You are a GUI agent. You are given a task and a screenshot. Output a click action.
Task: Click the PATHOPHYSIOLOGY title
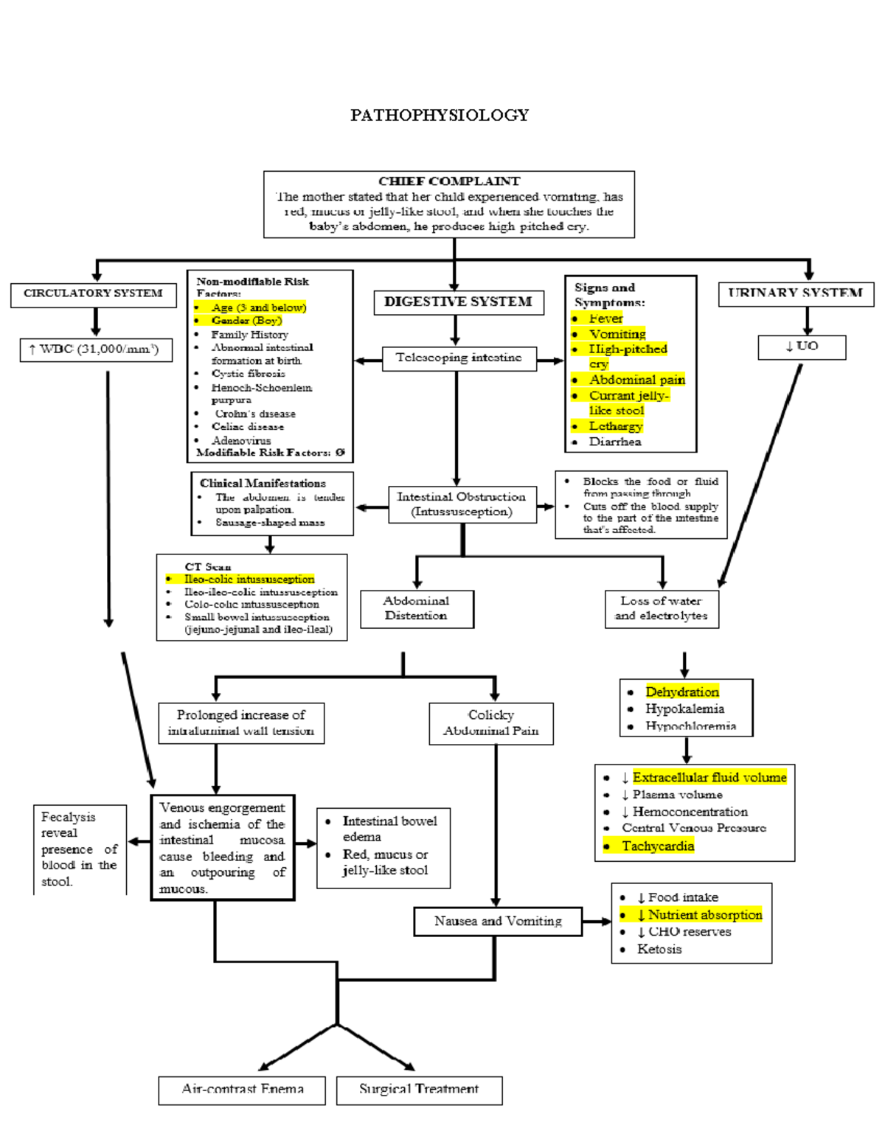click(x=440, y=115)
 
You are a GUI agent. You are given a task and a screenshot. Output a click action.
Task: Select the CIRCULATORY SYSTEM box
click(x=94, y=293)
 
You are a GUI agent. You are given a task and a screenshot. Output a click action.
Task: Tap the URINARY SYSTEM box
click(x=795, y=293)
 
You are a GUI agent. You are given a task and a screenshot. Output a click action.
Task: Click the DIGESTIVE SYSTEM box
click(x=458, y=302)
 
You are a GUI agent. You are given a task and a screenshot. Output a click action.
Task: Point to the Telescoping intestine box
click(x=459, y=358)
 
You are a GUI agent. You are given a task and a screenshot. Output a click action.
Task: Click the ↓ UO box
click(x=802, y=346)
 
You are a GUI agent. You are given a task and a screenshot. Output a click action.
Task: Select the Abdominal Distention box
click(x=416, y=608)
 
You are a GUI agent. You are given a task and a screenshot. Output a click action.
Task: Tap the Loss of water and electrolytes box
click(x=661, y=608)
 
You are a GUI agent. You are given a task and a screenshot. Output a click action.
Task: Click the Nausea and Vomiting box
click(x=498, y=921)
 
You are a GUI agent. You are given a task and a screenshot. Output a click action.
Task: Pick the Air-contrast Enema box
click(x=242, y=1089)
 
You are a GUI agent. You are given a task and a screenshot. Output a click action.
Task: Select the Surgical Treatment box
click(x=419, y=1089)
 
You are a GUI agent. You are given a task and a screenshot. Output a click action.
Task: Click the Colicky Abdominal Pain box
click(x=491, y=723)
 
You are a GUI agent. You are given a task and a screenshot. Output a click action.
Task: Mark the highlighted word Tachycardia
click(x=658, y=846)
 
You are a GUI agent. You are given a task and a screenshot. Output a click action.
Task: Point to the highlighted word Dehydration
click(x=682, y=692)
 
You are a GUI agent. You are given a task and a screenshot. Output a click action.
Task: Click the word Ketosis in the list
click(x=659, y=949)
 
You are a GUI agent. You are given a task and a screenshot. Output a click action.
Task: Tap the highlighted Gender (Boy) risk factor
click(x=246, y=321)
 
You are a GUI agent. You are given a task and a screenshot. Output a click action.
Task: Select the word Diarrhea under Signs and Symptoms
click(x=615, y=442)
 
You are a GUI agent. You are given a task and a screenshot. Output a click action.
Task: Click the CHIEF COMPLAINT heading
click(x=449, y=181)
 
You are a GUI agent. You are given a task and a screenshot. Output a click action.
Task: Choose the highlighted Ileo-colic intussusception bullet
click(x=249, y=580)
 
